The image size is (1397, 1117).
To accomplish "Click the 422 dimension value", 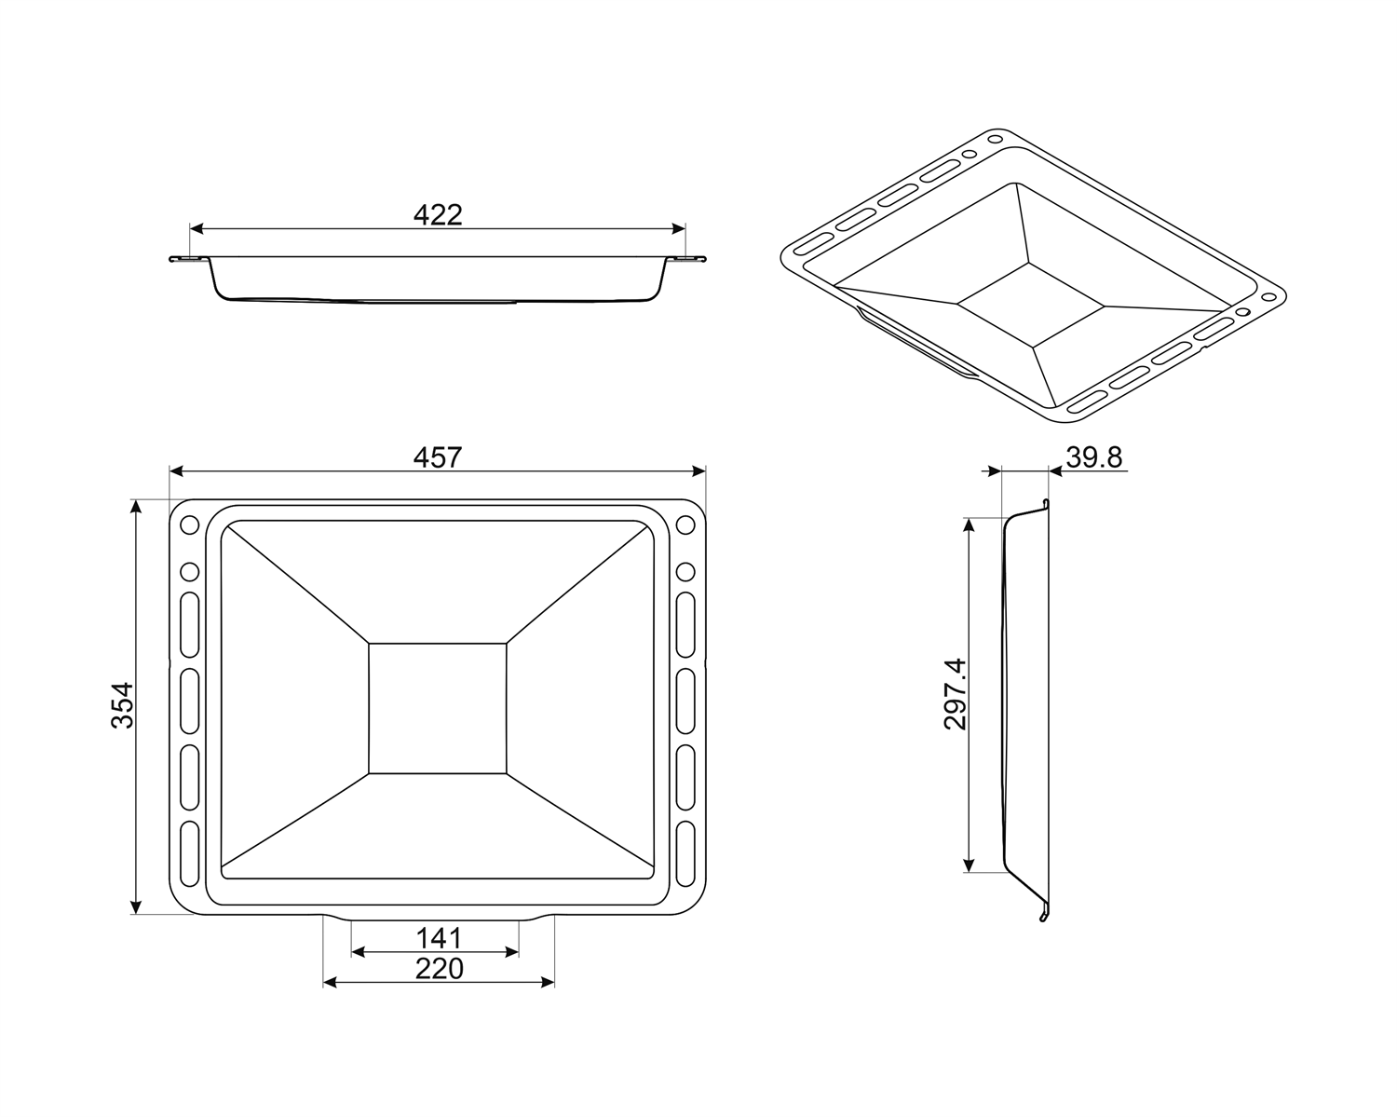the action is [x=438, y=215].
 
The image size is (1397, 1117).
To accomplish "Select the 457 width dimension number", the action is [x=438, y=457].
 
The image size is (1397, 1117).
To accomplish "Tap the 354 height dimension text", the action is [x=122, y=705].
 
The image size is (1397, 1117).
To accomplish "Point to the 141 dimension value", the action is [x=439, y=938].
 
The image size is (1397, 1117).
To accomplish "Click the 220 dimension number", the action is [x=440, y=969].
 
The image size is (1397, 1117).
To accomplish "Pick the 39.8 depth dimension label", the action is [x=1093, y=457].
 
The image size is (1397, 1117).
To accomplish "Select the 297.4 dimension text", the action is [x=955, y=694].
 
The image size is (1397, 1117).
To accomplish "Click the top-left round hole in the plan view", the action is [x=190, y=524].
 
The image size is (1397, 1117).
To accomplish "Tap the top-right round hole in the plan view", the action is [x=685, y=524].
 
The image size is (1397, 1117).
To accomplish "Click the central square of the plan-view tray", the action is [x=438, y=709].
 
